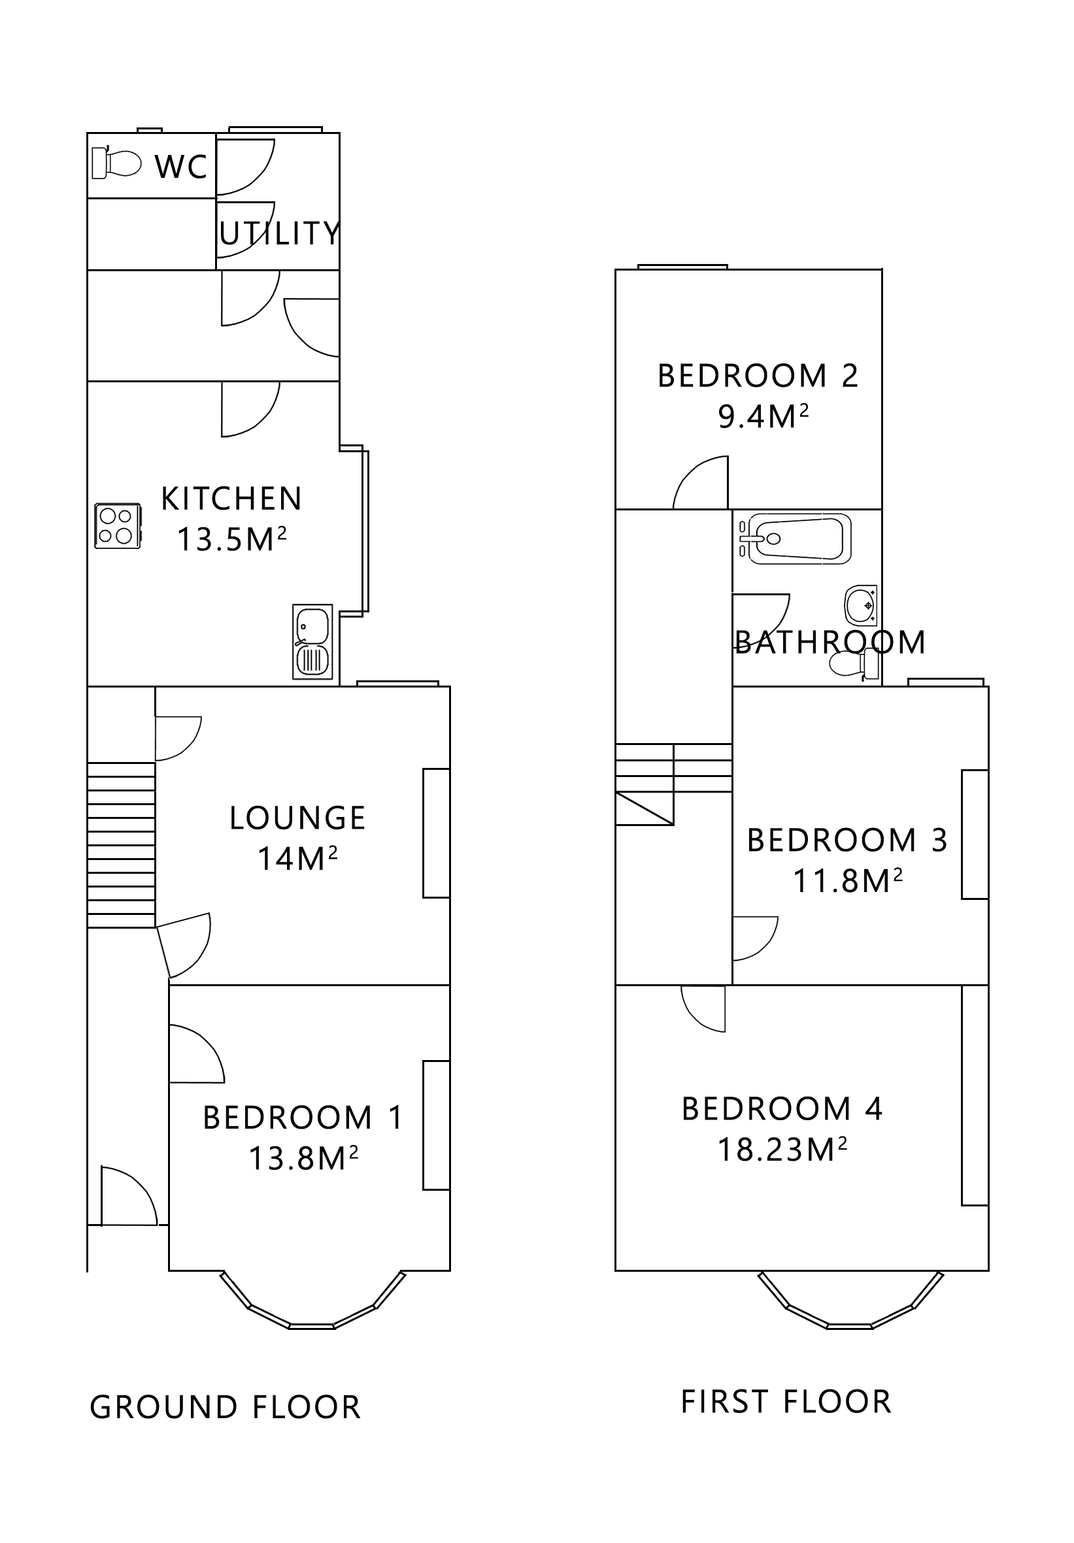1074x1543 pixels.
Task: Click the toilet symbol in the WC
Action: pyautogui.click(x=117, y=163)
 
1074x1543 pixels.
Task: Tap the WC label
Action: pyautogui.click(x=181, y=166)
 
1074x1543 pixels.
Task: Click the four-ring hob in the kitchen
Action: pyautogui.click(x=118, y=526)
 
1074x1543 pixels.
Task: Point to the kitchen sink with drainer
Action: pyautogui.click(x=312, y=641)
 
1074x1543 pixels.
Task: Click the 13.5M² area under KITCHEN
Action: pyautogui.click(x=231, y=539)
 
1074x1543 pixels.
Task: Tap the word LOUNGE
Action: pyautogui.click(x=297, y=818)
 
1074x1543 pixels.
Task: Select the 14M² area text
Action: pyautogui.click(x=297, y=858)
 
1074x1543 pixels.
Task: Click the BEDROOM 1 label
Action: pyautogui.click(x=303, y=1118)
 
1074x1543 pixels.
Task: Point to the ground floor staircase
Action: pyautogui.click(x=121, y=845)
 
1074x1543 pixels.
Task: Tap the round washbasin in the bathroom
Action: pyautogui.click(x=861, y=605)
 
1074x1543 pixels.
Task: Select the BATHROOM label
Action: pyautogui.click(x=830, y=642)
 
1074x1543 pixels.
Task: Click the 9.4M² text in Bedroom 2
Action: pyautogui.click(x=762, y=417)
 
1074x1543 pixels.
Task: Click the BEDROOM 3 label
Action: pyautogui.click(x=847, y=840)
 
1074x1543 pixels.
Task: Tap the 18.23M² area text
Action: pyautogui.click(x=782, y=1150)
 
